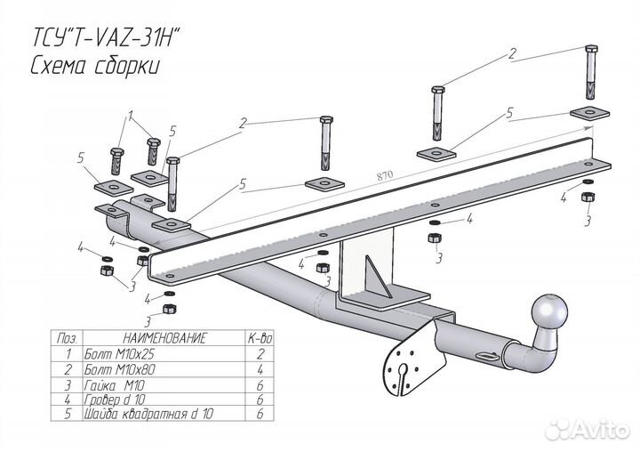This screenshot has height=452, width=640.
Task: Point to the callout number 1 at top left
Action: (x=131, y=115)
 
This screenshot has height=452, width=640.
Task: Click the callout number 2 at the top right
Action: (x=513, y=55)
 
